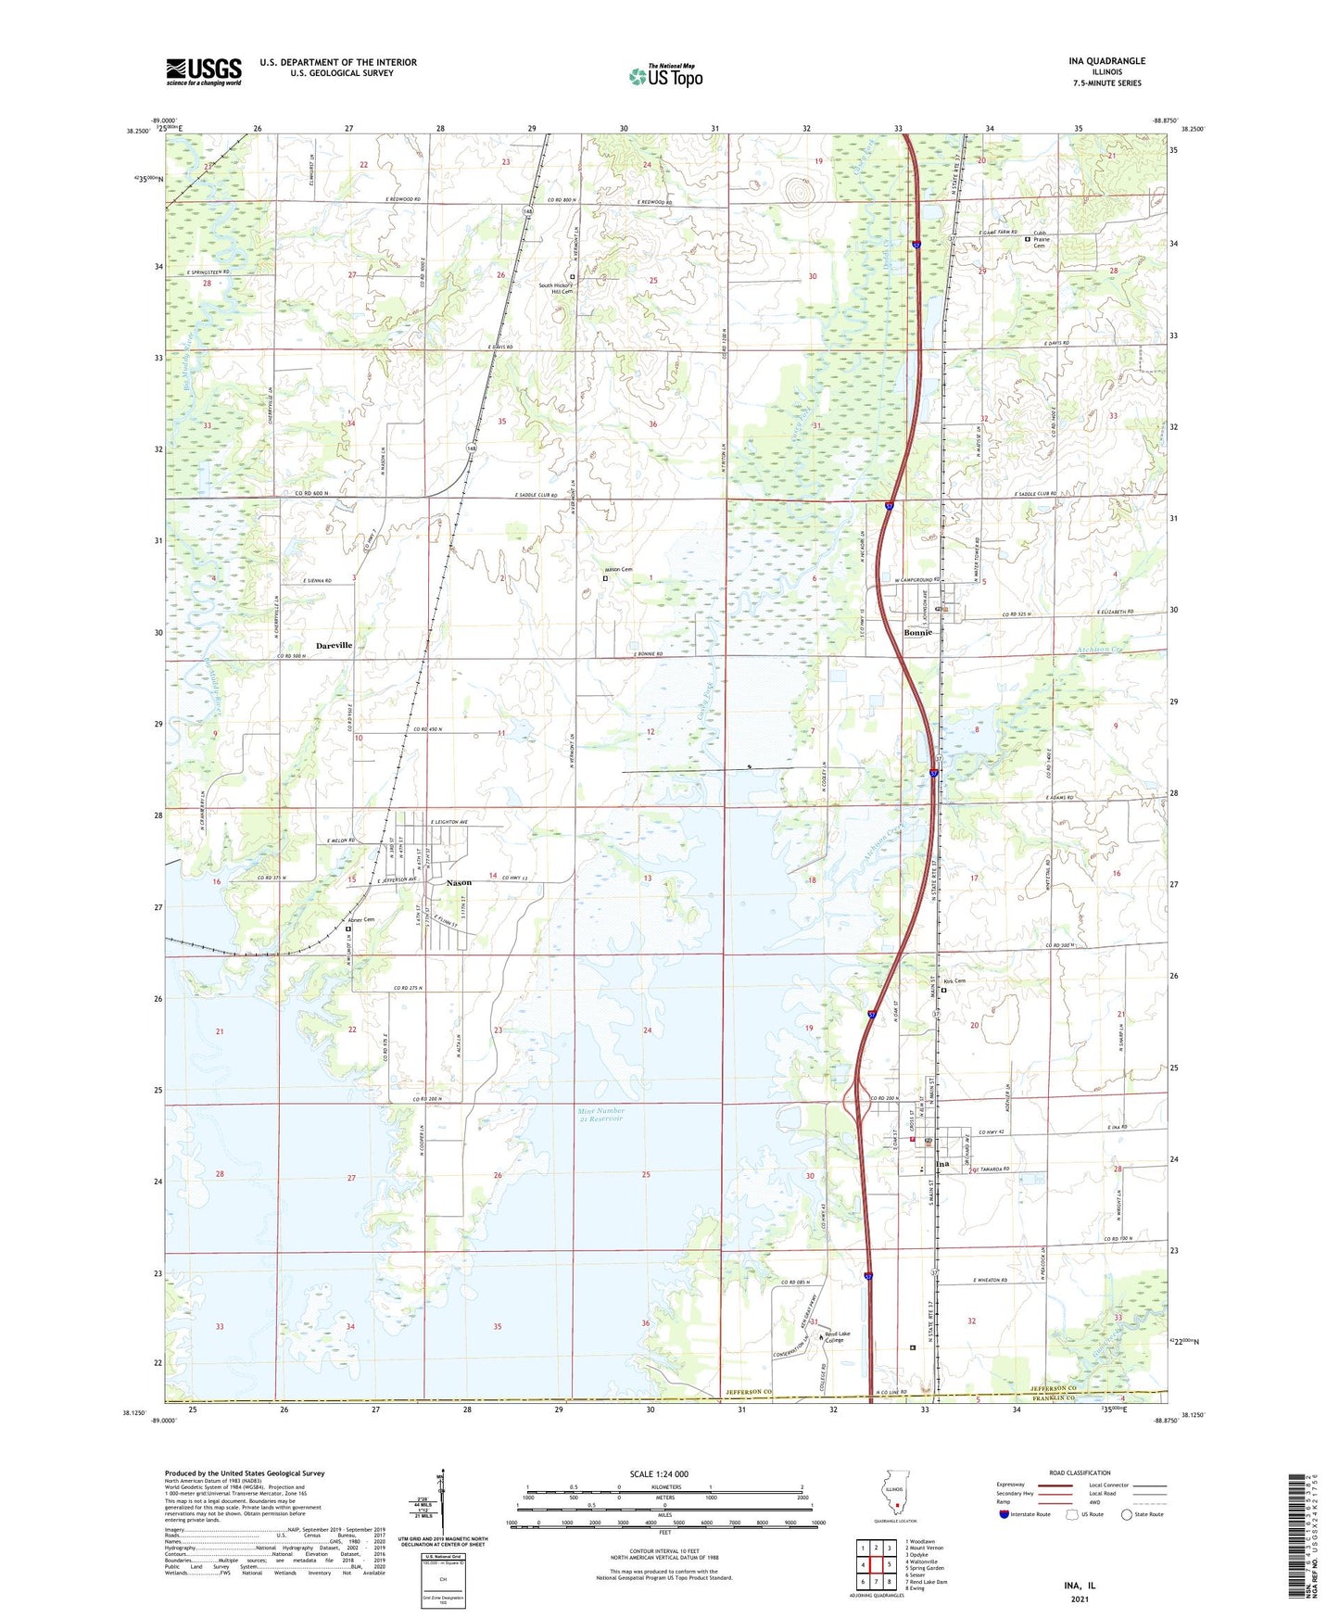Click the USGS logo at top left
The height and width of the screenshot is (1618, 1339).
pos(204,71)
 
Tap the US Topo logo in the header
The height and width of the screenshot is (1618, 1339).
pos(665,76)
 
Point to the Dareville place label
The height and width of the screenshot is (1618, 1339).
pos(334,645)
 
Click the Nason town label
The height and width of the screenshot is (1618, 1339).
pos(459,882)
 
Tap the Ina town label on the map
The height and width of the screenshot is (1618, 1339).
pos(942,1164)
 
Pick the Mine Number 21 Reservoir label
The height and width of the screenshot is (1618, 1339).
pos(600,1115)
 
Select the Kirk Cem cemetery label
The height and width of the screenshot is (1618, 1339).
pos(954,981)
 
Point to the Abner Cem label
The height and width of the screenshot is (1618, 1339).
pos(362,920)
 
